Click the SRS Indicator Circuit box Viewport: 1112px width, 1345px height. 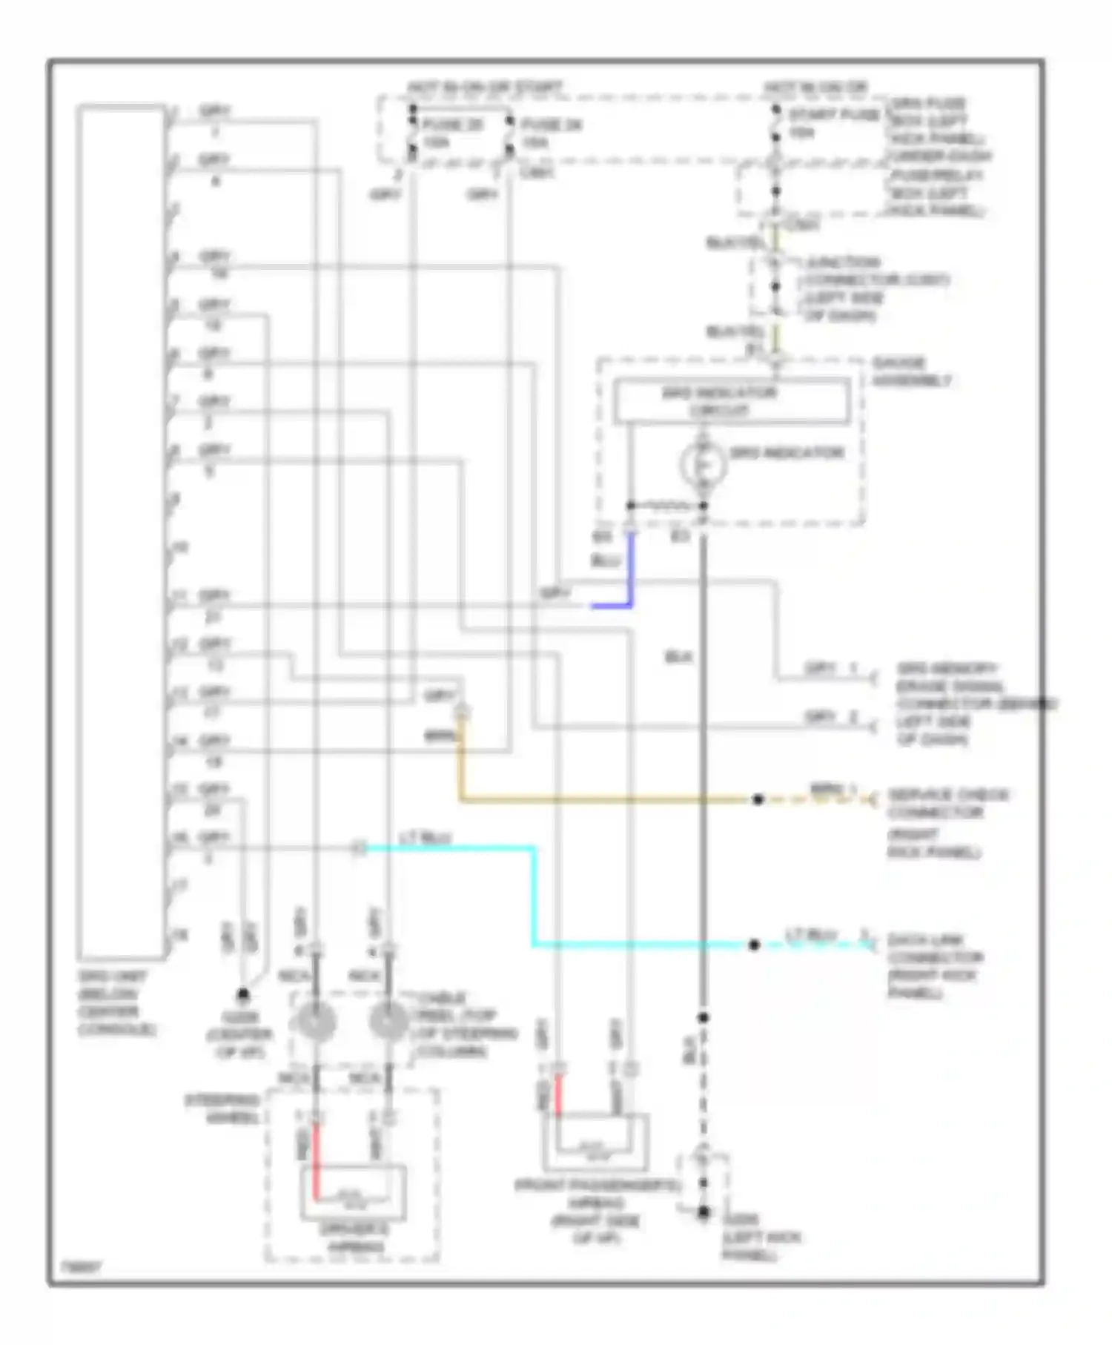[x=731, y=401]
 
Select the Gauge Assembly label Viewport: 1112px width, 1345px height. [x=911, y=372]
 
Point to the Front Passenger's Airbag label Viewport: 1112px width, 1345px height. [x=596, y=1212]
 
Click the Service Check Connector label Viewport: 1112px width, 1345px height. [x=947, y=804]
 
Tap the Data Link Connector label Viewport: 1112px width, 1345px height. [x=936, y=966]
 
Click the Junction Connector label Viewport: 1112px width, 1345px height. [x=875, y=289]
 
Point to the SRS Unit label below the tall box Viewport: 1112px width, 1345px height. [x=116, y=1003]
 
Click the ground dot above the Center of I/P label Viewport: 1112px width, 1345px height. [x=242, y=995]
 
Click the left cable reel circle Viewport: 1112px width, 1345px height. [x=317, y=1022]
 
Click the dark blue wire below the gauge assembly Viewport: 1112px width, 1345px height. [x=630, y=571]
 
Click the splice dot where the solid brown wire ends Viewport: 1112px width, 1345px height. [x=758, y=799]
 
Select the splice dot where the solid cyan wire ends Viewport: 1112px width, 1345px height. [x=754, y=945]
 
